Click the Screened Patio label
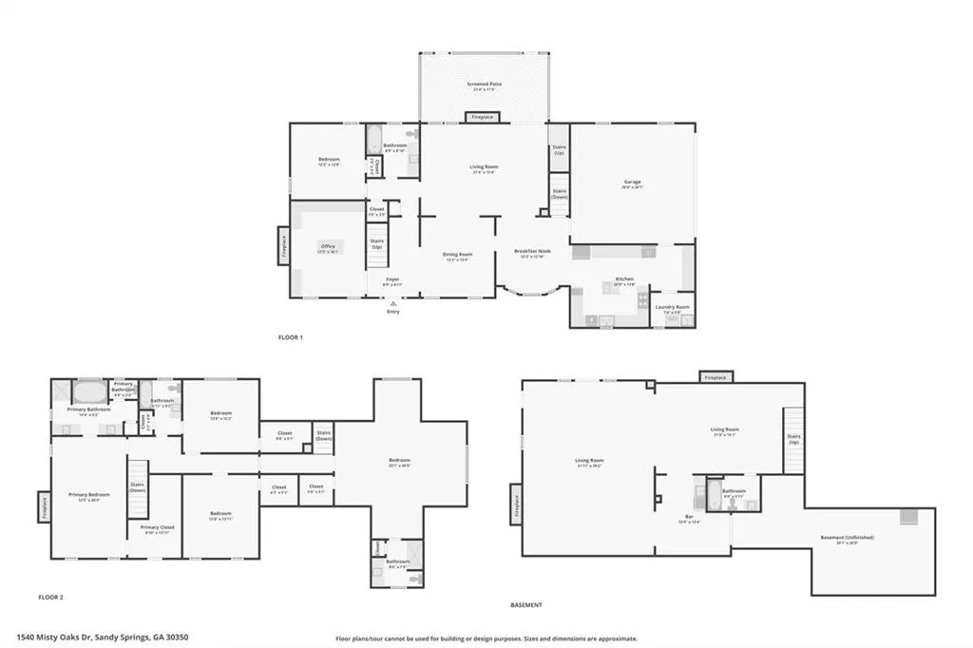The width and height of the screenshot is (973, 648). tap(484, 85)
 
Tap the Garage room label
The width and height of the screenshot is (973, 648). tap(632, 182)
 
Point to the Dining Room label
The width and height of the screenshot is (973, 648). tap(457, 255)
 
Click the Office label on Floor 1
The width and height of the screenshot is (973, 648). tap(327, 247)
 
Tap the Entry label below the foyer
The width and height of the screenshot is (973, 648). tap(392, 312)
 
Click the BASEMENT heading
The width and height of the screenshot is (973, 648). tap(525, 604)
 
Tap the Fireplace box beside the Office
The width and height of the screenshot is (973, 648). tap(283, 246)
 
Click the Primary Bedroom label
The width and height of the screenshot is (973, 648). tap(87, 495)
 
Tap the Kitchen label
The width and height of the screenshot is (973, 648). tap(623, 279)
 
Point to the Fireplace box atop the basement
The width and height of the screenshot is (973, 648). tap(715, 377)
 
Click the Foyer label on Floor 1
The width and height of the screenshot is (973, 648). tap(391, 279)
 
